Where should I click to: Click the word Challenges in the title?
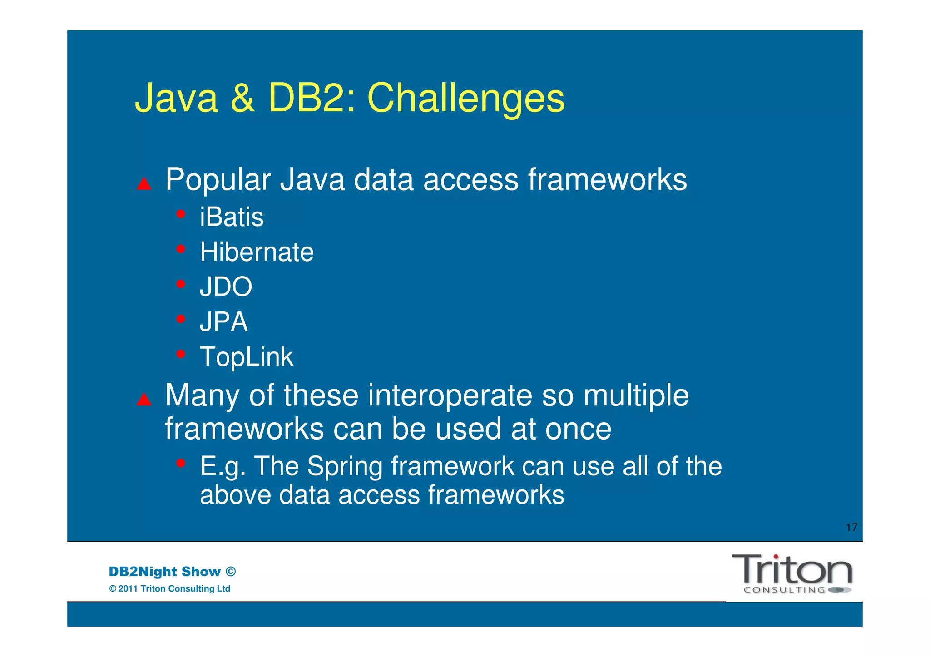[465, 99]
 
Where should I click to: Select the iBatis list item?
[232, 217]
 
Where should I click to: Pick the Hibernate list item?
[257, 252]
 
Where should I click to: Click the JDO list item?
[226, 287]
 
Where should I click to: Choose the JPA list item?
[223, 322]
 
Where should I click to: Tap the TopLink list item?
[247, 357]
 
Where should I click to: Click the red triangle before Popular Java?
[144, 184]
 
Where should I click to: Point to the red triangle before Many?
[144, 400]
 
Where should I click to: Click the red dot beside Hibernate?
[181, 249]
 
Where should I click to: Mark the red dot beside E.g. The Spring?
[181, 463]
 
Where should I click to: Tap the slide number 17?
[851, 528]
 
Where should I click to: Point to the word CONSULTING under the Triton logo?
[784, 590]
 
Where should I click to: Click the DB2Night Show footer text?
[164, 572]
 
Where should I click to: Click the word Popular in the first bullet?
[218, 180]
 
